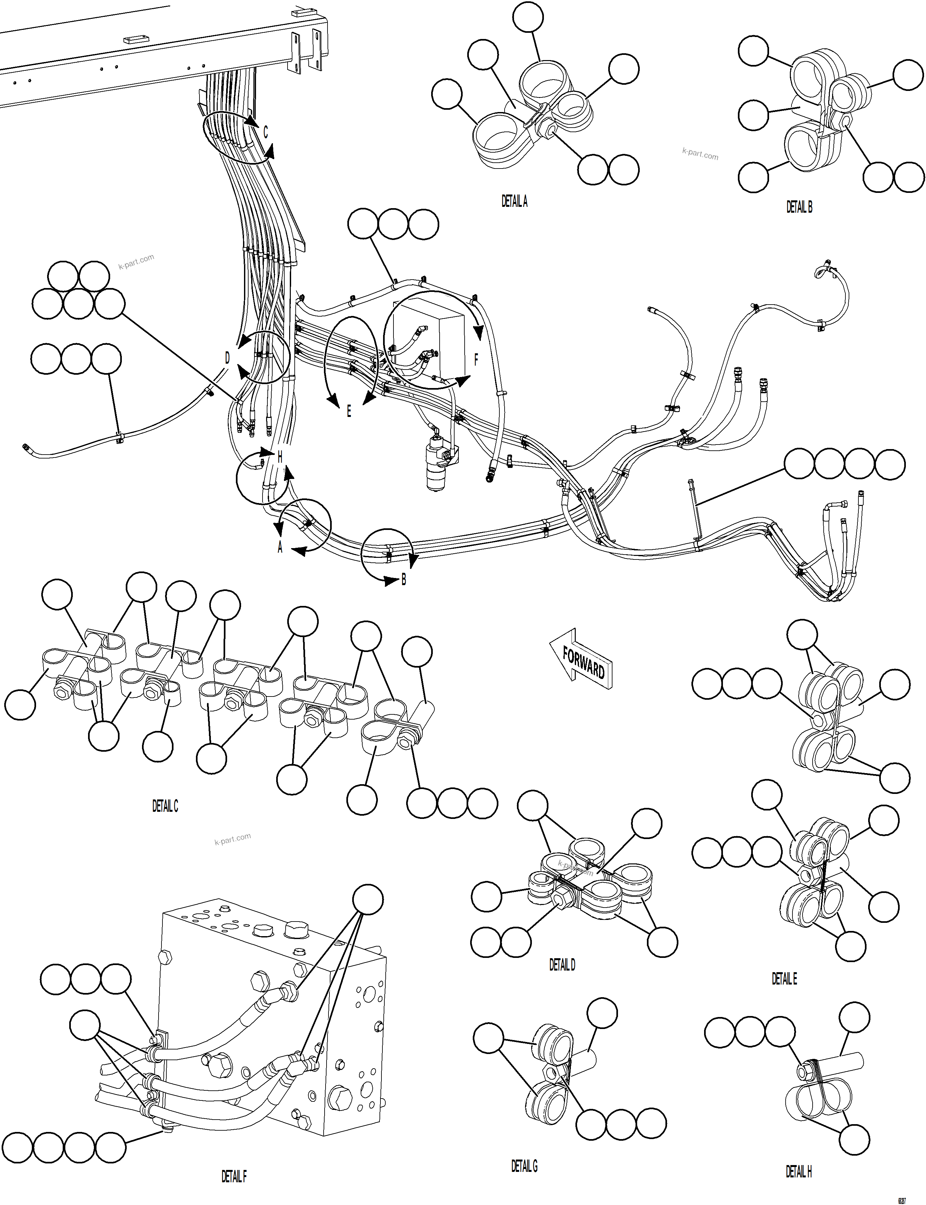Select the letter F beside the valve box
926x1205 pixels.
476,360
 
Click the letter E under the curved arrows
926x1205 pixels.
349,411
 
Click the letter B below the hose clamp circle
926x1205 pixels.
404,580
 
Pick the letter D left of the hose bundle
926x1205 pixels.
227,358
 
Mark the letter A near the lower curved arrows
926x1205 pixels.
280,547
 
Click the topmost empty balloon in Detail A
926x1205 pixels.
527,17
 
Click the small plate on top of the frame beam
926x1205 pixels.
135,40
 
